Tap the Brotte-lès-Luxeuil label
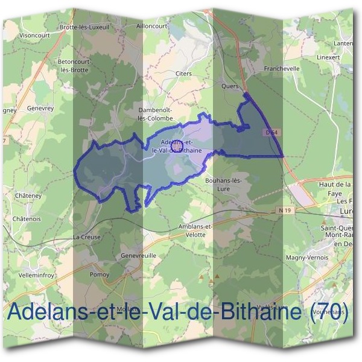[x=84, y=27]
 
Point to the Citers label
[x=183, y=74]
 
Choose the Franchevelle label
[x=282, y=69]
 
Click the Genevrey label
[x=40, y=108]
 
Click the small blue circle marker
[x=177, y=145]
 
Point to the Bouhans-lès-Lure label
[x=223, y=184]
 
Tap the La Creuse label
[x=85, y=237]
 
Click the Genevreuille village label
[x=138, y=255]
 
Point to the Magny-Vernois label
[x=308, y=257]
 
